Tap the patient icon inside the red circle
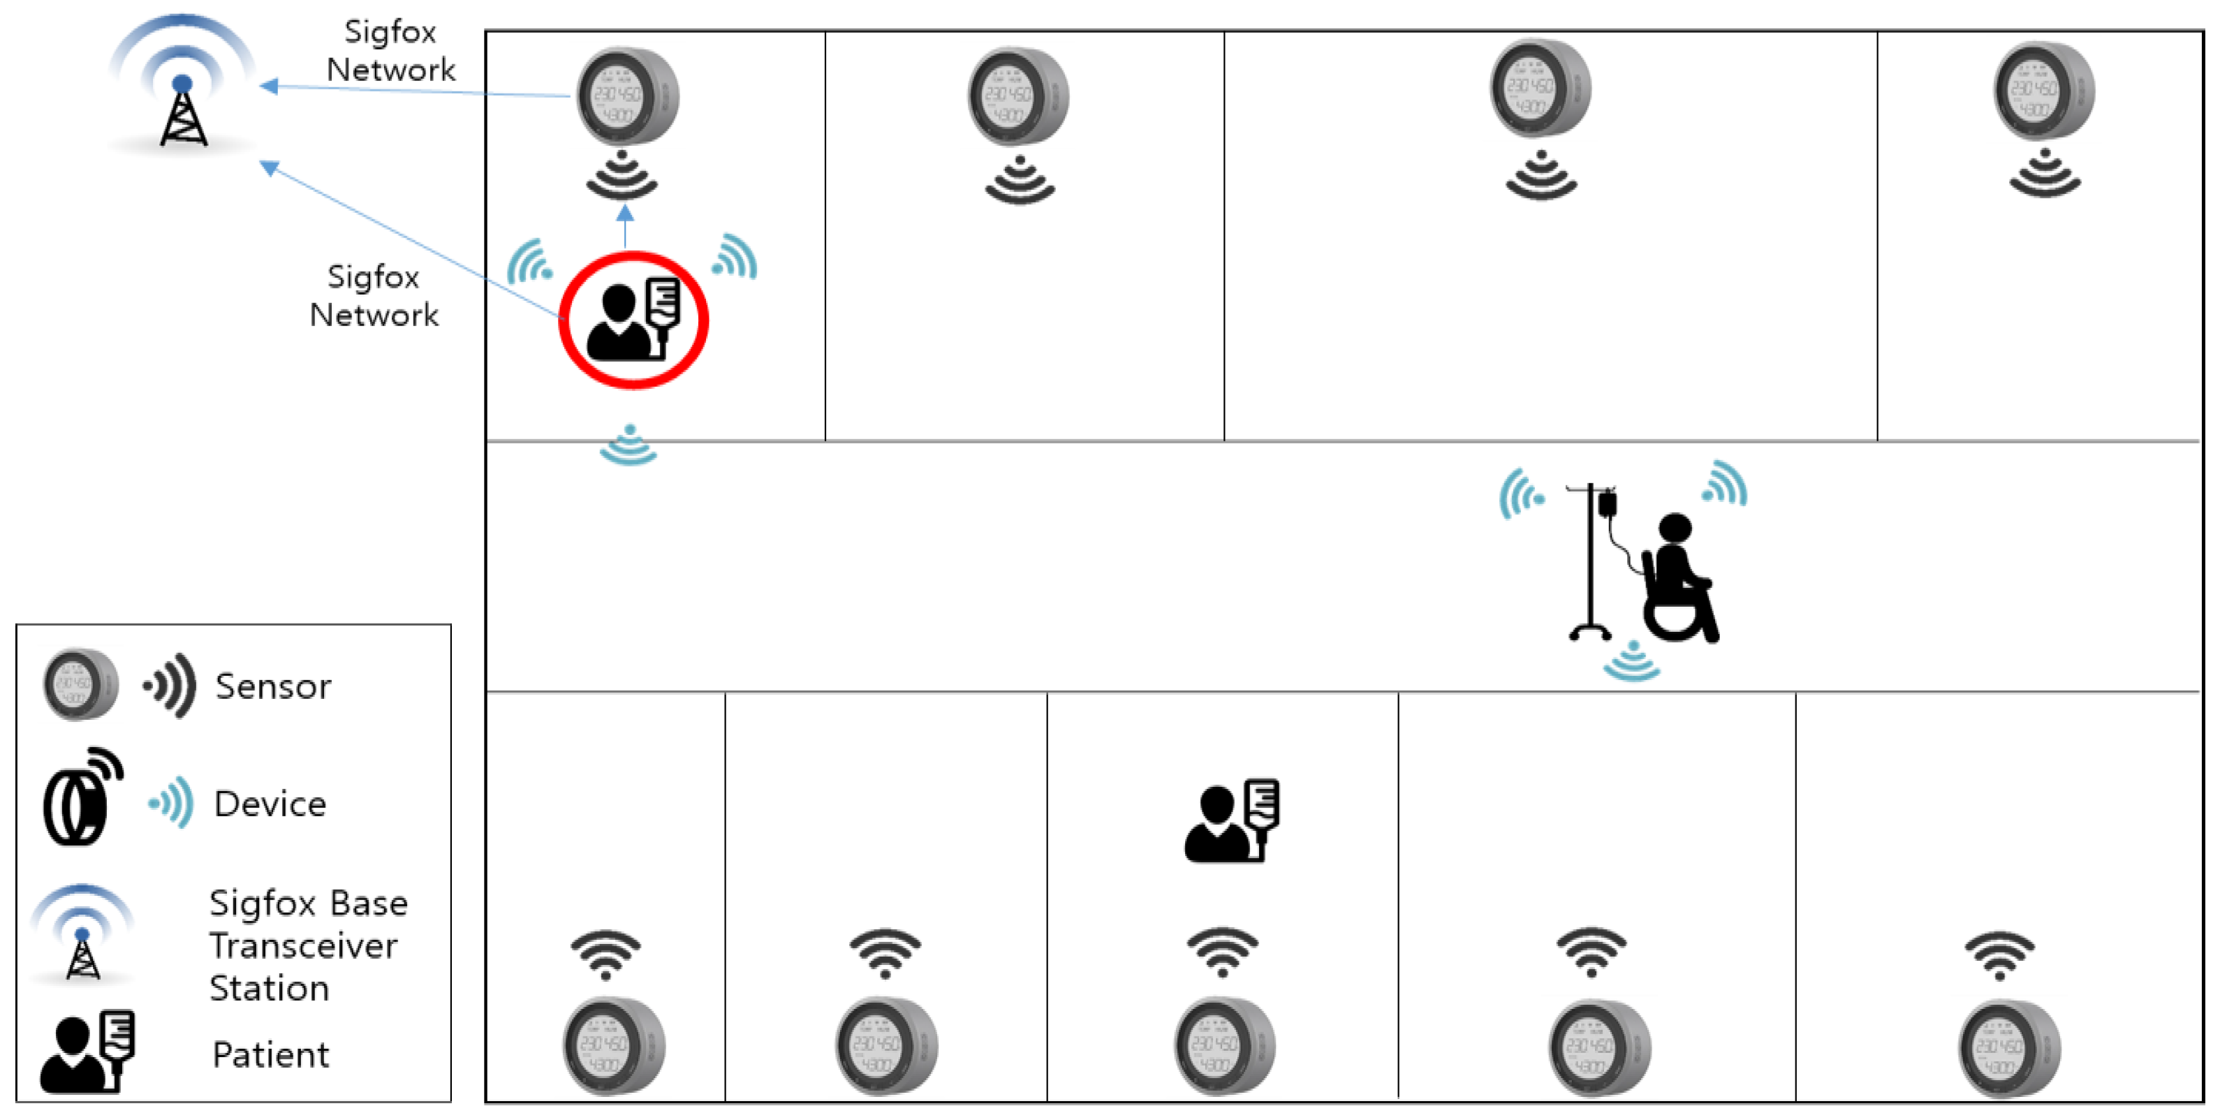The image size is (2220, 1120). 633,319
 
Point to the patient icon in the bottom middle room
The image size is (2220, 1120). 1233,820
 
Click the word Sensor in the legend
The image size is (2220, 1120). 273,686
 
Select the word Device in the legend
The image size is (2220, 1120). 270,804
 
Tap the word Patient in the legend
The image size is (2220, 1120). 271,1054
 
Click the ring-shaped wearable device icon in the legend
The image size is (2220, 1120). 82,796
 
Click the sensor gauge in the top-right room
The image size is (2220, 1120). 2043,91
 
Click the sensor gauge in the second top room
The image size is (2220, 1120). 1017,96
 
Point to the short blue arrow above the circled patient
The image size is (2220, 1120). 625,228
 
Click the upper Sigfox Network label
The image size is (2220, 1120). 390,51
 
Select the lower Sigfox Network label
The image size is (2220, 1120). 374,295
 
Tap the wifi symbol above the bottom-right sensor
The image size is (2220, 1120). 1999,955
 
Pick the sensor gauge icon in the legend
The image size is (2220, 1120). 81,686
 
